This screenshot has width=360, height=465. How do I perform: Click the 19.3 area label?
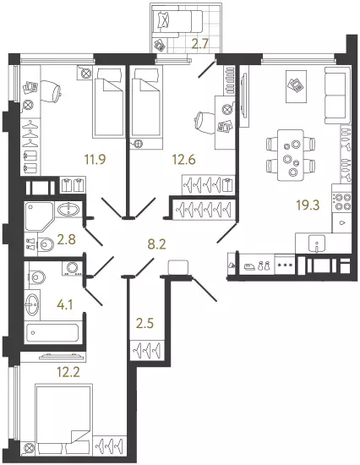308,205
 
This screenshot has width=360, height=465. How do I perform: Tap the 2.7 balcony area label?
200,44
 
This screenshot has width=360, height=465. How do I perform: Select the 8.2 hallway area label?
156,244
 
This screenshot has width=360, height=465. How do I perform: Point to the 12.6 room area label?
184,160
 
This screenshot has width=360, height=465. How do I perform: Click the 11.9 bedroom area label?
95,160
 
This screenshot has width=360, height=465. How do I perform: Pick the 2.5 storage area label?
145,323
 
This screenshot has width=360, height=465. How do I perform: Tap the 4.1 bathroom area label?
64,304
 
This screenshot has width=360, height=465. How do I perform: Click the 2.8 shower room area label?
67,239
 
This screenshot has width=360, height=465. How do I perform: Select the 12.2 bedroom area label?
68,372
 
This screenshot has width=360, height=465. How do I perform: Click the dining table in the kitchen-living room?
291,155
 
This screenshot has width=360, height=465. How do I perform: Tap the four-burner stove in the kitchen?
341,201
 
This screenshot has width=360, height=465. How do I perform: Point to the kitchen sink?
317,243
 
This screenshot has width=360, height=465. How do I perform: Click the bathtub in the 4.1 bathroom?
52,332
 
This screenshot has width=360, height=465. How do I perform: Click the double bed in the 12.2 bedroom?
63,422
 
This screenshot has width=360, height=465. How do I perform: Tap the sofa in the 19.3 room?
338,95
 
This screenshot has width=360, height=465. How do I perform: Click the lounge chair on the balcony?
178,21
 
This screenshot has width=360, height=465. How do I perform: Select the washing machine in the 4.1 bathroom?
72,268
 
